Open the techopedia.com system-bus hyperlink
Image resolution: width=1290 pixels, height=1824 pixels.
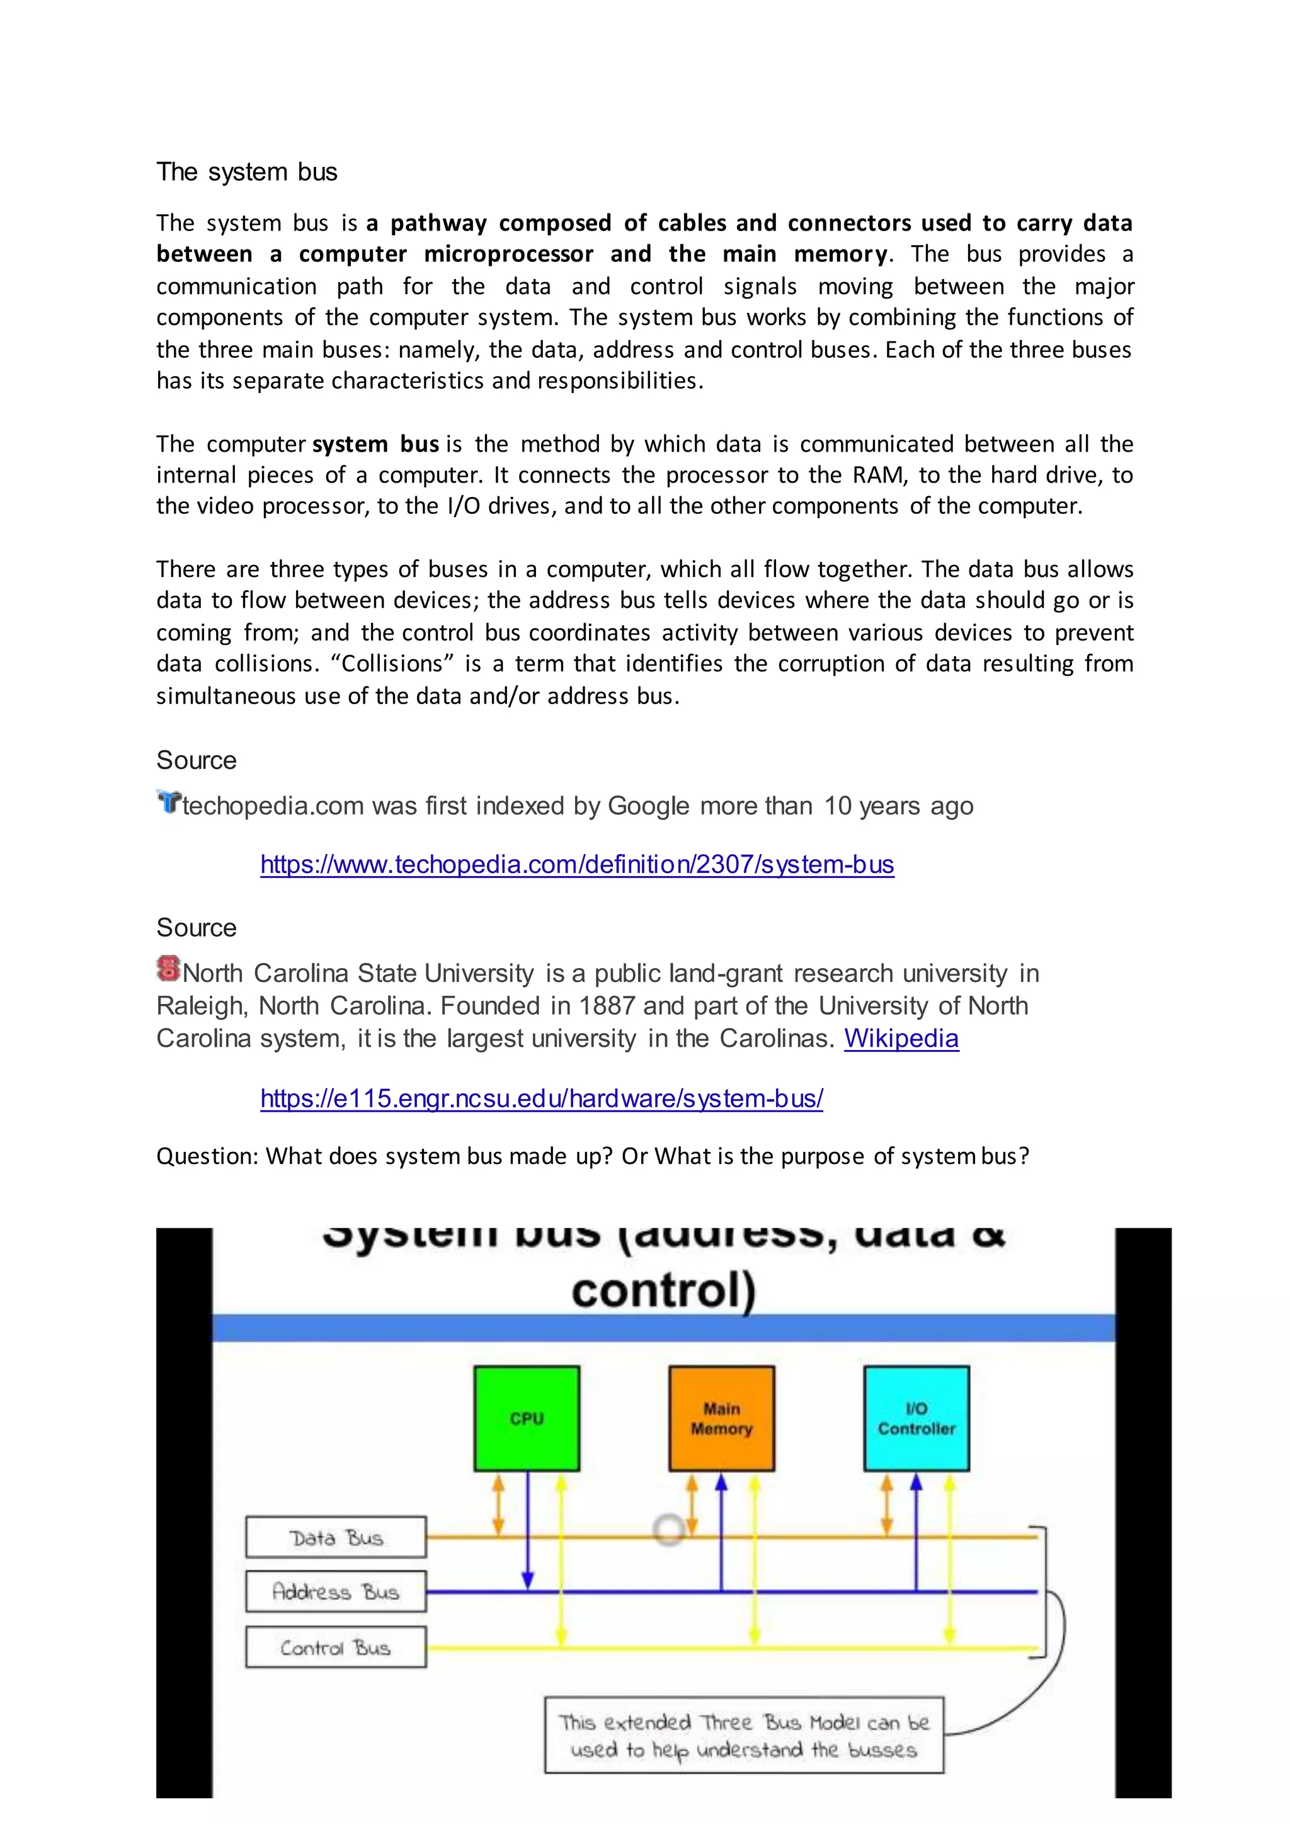click(x=577, y=864)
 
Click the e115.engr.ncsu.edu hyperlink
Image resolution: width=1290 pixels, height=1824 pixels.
click(x=542, y=1098)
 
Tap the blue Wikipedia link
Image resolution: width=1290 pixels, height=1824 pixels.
click(x=901, y=1039)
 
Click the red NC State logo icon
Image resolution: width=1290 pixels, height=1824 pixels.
click(x=168, y=969)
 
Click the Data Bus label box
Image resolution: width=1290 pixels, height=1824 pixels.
click(x=336, y=1537)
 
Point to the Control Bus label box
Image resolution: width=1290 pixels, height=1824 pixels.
click(x=336, y=1648)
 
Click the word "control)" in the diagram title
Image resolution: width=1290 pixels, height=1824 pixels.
click(x=663, y=1291)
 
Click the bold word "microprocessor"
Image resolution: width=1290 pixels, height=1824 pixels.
click(x=508, y=254)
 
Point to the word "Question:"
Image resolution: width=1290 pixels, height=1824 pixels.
click(x=207, y=1156)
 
